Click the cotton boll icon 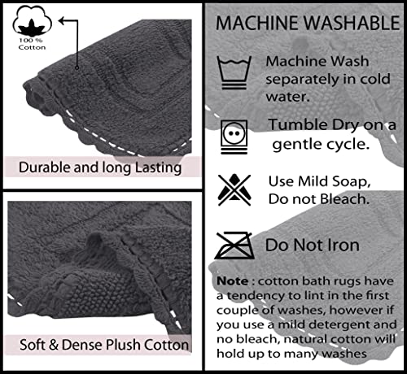[x=32, y=21]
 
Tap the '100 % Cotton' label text [x=32, y=44]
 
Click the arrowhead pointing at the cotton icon [x=63, y=20]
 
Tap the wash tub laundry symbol [x=234, y=72]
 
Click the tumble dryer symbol [x=234, y=137]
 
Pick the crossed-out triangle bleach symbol [x=234, y=189]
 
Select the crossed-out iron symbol [x=234, y=246]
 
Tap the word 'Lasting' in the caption [x=158, y=168]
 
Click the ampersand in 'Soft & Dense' [x=54, y=345]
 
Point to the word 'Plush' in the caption [x=123, y=345]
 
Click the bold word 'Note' [x=232, y=281]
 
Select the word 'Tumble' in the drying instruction [x=298, y=124]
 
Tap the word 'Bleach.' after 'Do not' [x=344, y=199]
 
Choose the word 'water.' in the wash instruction [x=287, y=97]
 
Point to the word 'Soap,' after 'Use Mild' [x=351, y=181]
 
